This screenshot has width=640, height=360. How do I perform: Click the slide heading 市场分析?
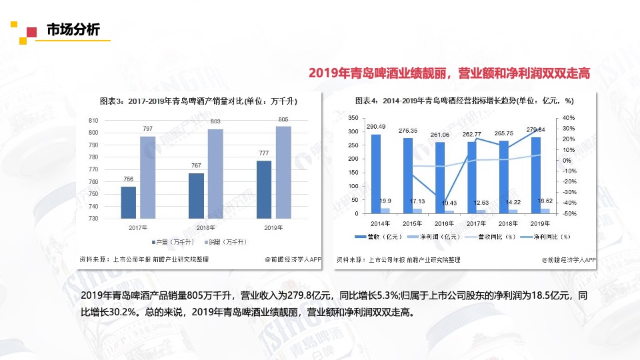(73, 30)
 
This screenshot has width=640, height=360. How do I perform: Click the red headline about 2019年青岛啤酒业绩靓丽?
(449, 73)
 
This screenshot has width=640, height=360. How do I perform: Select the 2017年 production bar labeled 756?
(129, 203)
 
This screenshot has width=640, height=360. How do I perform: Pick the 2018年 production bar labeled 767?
(196, 195)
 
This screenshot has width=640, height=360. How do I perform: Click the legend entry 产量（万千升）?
(173, 241)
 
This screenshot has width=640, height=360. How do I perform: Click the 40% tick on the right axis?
(568, 117)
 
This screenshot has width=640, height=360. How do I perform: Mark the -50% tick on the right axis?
(568, 213)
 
